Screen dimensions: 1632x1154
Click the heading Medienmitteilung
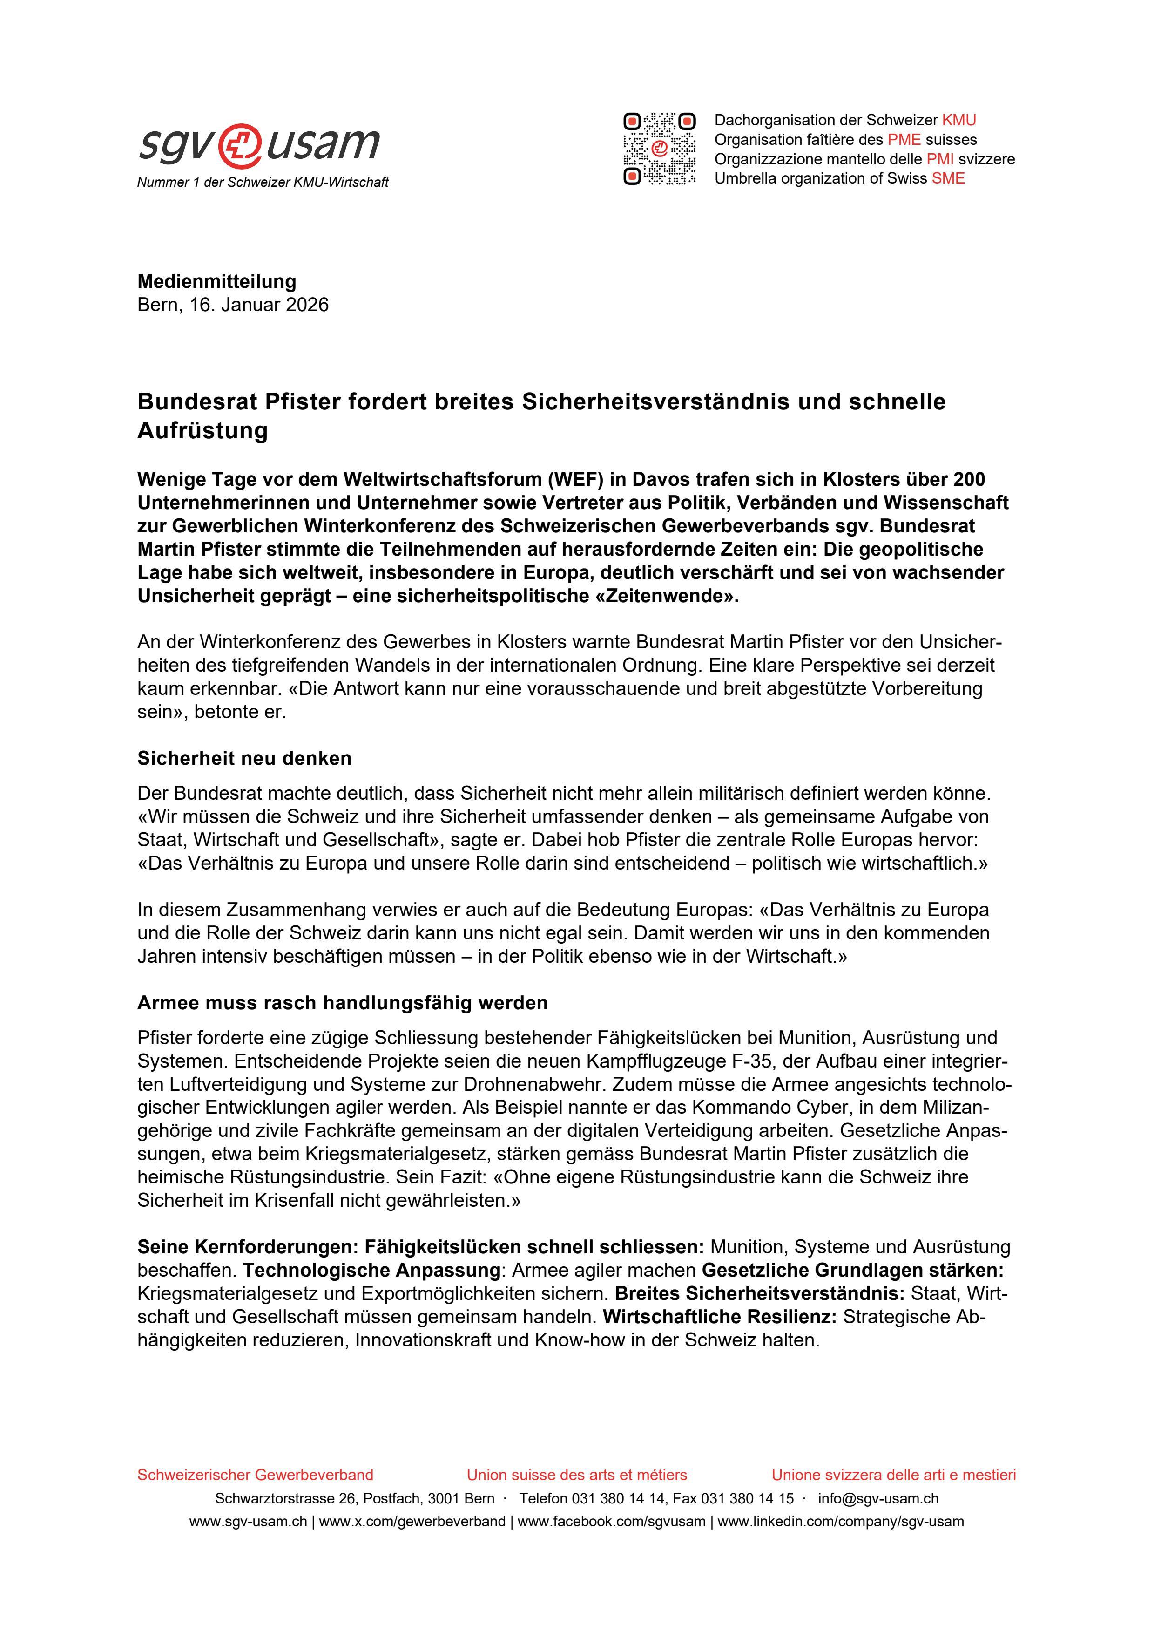pos(217,281)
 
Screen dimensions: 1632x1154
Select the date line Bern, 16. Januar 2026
pos(233,305)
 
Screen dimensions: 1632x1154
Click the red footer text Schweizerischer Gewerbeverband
pos(255,1475)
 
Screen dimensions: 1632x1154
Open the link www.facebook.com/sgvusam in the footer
pos(612,1522)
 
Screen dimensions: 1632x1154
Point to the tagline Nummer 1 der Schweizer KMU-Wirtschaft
pos(263,183)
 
